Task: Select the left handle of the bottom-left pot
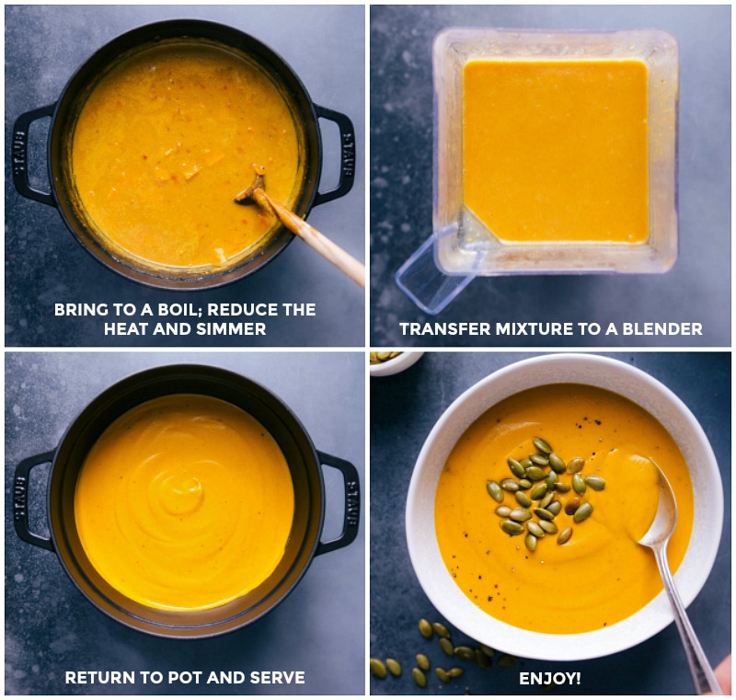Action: click(28, 502)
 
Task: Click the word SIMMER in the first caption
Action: click(236, 329)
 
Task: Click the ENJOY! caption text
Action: click(549, 678)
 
